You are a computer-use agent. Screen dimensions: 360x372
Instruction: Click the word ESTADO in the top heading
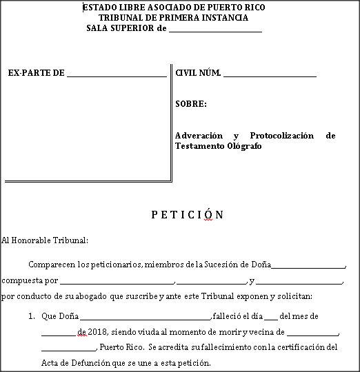(x=99, y=7)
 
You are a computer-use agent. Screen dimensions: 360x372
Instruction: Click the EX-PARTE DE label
(x=36, y=72)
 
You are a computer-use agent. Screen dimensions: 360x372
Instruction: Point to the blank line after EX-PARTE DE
(x=117, y=74)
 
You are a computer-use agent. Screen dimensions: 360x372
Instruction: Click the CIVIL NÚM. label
(x=198, y=72)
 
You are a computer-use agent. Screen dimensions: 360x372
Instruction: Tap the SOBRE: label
(x=191, y=104)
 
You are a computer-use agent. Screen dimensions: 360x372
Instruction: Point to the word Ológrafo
(x=244, y=146)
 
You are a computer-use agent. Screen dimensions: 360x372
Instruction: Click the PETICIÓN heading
(x=187, y=214)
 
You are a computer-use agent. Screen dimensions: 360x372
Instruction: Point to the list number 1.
(x=32, y=316)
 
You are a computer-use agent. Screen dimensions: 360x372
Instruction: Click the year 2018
(x=95, y=331)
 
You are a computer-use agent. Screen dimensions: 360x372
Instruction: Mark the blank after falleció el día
(x=270, y=317)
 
